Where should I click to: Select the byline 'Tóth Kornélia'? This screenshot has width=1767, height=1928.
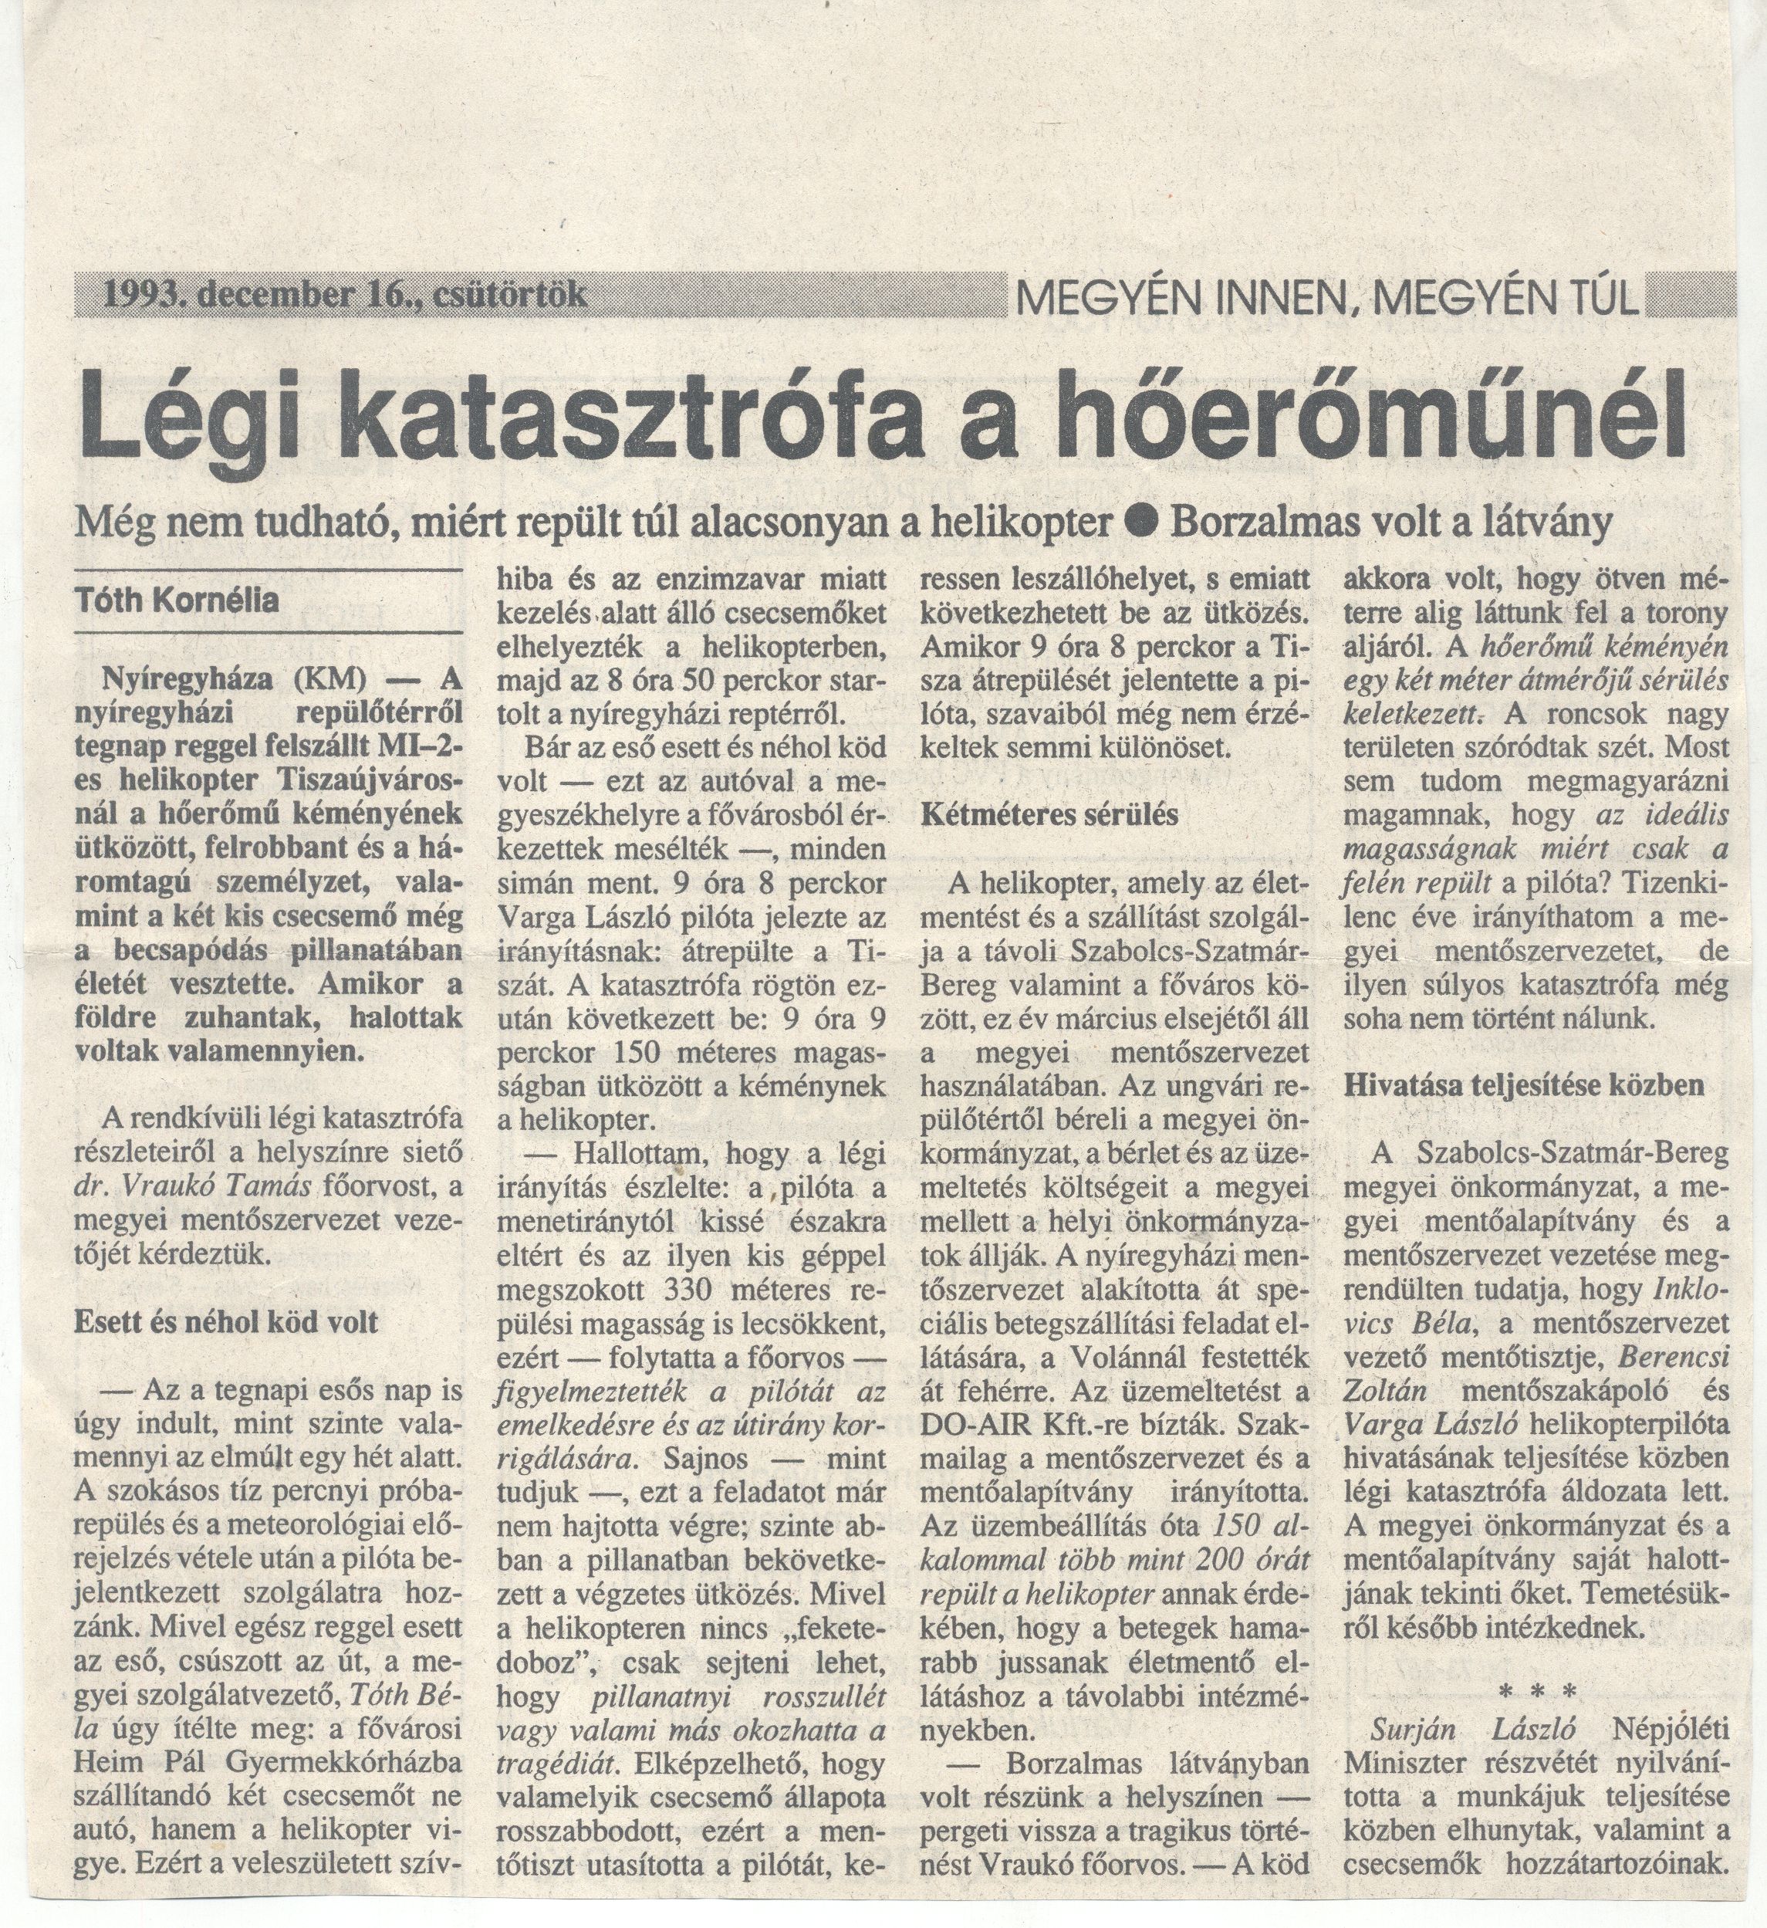coord(177,600)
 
